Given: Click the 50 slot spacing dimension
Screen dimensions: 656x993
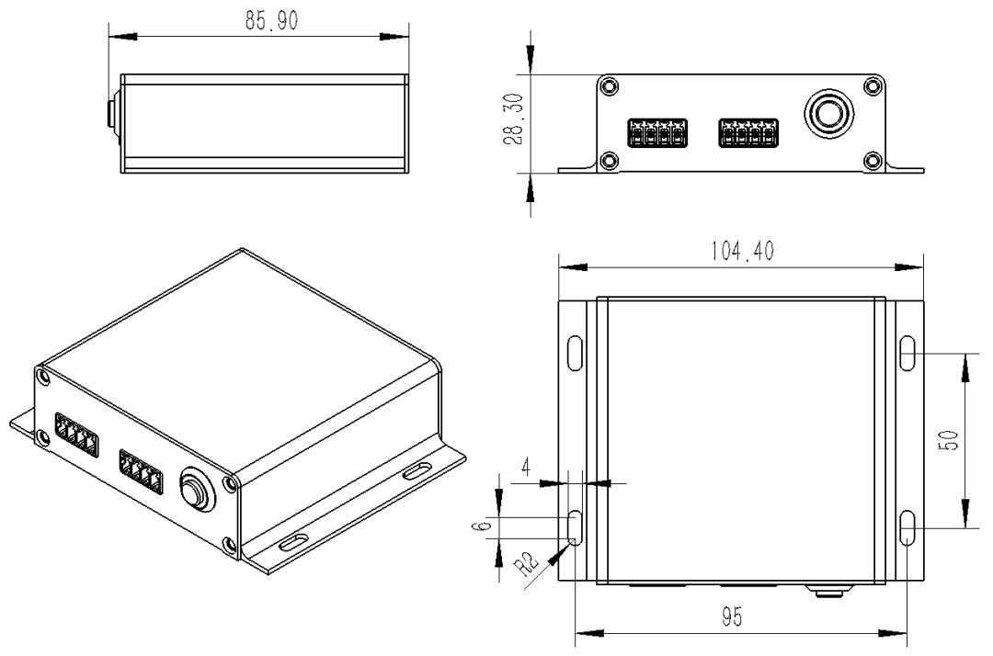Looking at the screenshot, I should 952,441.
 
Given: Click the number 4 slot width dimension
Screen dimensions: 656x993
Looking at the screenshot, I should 525,467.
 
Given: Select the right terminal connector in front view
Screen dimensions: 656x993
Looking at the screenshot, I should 748,133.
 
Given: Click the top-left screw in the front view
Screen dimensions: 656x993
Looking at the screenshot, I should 608,87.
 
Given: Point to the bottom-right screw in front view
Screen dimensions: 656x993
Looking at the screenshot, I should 872,162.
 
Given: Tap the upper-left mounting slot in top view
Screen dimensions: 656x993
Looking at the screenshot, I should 576,352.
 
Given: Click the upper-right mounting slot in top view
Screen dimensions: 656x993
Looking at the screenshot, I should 907,352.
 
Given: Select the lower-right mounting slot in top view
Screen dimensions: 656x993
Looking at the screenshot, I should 907,529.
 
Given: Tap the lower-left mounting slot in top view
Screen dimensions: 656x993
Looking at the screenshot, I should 576,529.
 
